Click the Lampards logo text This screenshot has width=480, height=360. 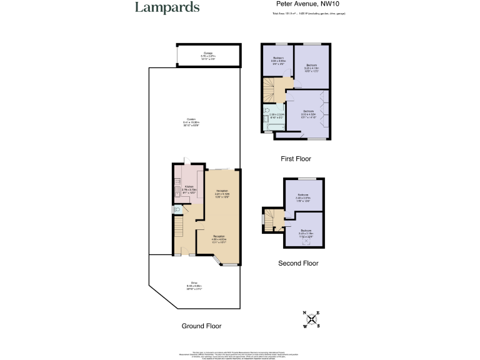(x=167, y=8)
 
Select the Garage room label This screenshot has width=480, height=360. (x=207, y=55)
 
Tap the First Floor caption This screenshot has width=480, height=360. (x=296, y=159)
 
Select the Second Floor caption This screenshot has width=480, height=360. (x=297, y=263)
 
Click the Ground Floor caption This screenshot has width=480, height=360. (x=201, y=326)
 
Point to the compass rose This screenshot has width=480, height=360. (x=311, y=319)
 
